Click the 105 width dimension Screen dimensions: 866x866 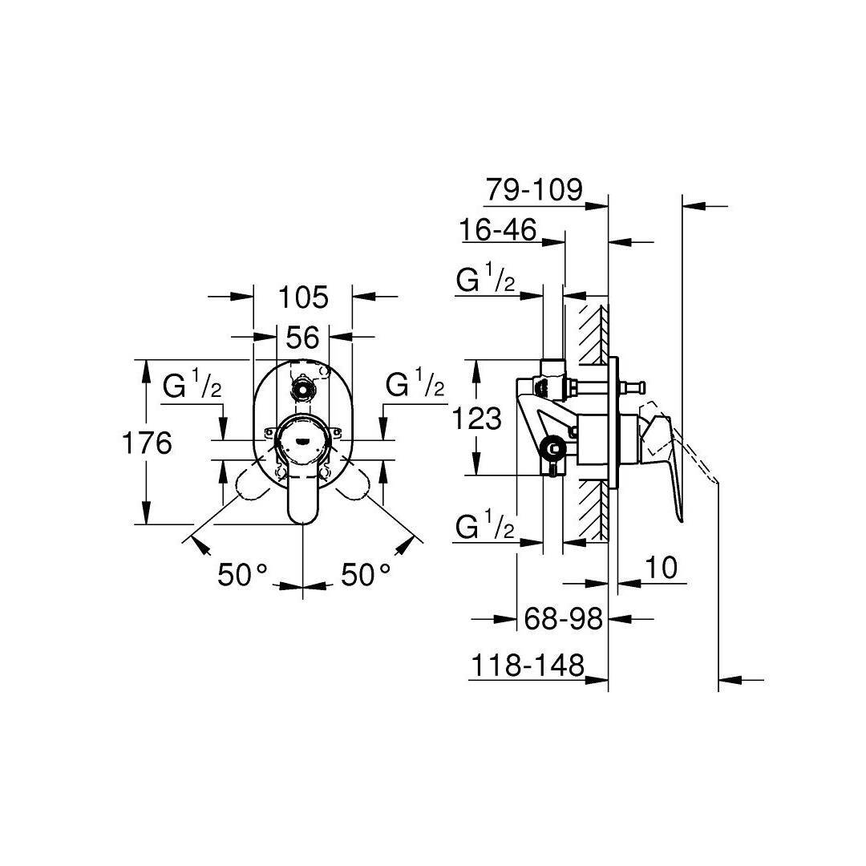tap(303, 297)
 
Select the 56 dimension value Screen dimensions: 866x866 tap(302, 338)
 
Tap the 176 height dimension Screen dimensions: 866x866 tap(147, 443)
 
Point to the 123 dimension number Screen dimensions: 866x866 tap(476, 418)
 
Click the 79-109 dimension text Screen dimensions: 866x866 tap(534, 190)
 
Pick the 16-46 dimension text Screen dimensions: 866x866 tap(498, 230)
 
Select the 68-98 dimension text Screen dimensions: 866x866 tap(563, 618)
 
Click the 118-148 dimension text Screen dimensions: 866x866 tap(528, 666)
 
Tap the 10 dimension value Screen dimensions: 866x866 tap(661, 568)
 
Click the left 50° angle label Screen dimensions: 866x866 tap(242, 574)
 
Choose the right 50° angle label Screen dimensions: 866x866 tap(366, 574)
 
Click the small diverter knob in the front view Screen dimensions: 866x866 tap(302, 387)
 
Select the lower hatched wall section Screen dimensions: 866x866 tap(593, 509)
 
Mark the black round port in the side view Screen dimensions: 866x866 tap(552, 447)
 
